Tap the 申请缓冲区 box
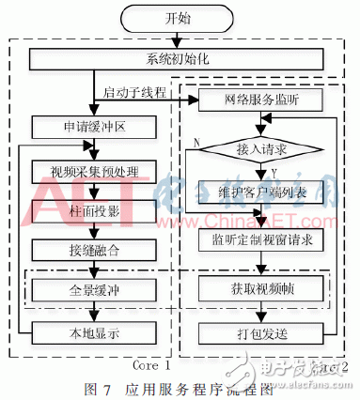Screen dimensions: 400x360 click(x=94, y=126)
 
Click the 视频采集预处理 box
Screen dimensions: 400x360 click(x=94, y=171)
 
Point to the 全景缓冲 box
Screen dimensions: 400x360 click(x=94, y=288)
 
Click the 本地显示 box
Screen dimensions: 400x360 click(x=94, y=331)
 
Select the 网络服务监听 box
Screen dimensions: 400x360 click(x=261, y=100)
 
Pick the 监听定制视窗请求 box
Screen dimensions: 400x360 click(x=261, y=240)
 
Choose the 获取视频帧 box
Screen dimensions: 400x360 click(x=261, y=288)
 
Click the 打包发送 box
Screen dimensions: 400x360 click(x=261, y=331)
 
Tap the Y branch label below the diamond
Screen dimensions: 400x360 click(x=271, y=171)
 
